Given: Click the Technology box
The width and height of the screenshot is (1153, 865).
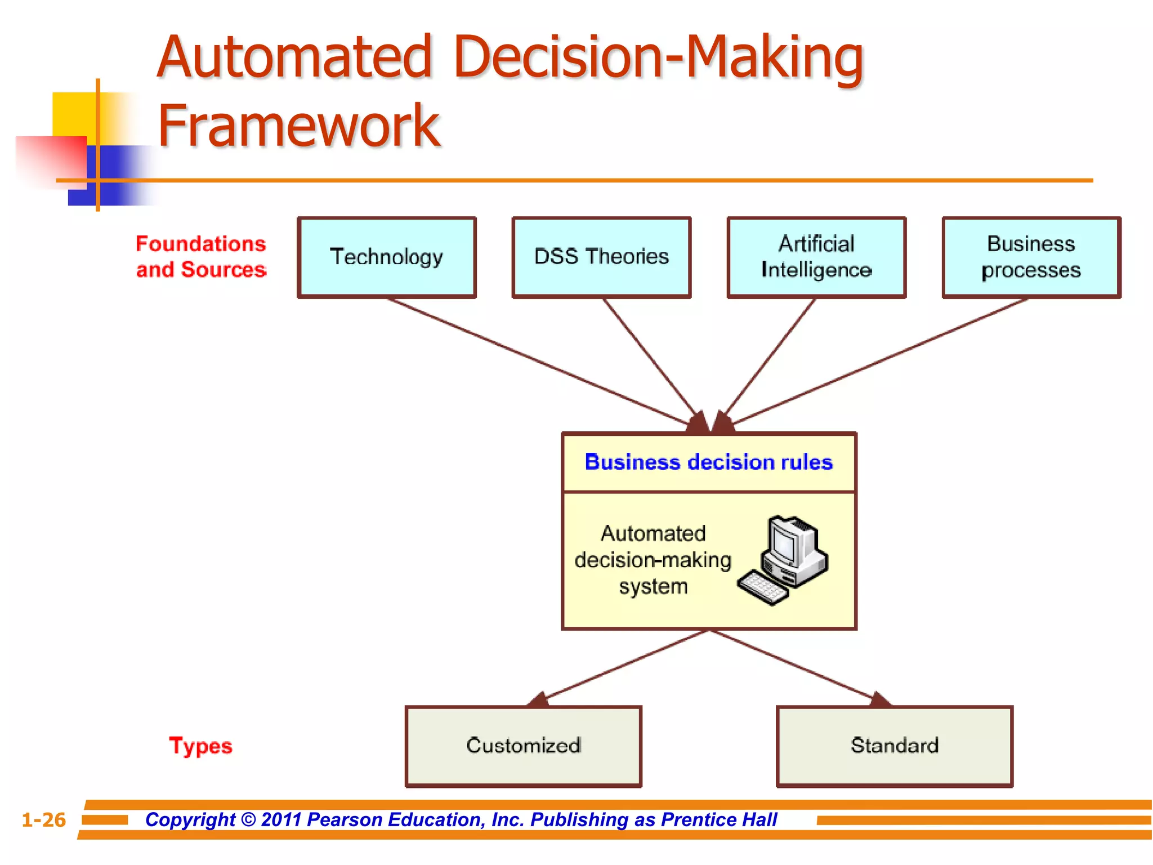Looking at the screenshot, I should coord(387,257).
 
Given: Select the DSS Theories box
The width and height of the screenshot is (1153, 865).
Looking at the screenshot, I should coord(601,257).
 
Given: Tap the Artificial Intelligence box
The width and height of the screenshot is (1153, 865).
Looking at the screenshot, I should coord(816,257).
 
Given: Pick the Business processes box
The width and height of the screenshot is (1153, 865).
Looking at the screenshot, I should coord(1031,257).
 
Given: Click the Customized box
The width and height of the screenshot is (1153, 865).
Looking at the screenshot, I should coord(523,746).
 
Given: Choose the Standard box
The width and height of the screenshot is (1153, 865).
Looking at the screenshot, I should coord(895,746).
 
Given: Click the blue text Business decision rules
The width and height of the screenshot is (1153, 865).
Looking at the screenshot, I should coord(708,462).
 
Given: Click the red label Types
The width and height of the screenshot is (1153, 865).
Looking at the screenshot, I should coord(200,746).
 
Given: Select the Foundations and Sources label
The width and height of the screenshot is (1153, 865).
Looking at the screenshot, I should coord(201,257).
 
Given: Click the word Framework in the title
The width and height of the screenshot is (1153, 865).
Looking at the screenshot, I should coord(298,126).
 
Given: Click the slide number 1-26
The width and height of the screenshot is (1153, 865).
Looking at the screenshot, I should coord(43,819).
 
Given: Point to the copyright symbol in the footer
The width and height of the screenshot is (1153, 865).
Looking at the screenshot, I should coord(248,819).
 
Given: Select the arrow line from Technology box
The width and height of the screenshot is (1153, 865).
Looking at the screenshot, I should coord(535,360).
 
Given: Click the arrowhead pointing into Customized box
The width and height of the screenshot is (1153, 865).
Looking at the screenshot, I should coord(539,700).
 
